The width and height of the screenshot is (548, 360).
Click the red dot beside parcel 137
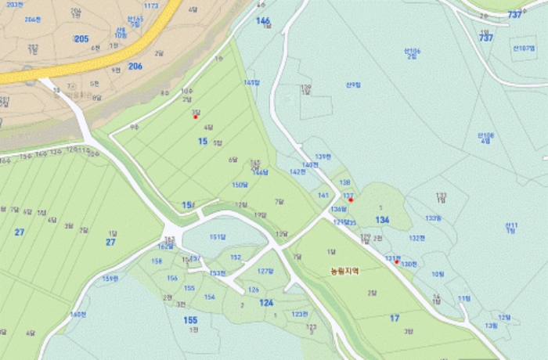(x=351, y=200)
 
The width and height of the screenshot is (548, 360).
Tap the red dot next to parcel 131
(x=397, y=261)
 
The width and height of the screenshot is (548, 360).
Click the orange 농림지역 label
(x=344, y=272)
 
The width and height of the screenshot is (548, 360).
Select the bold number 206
(x=135, y=67)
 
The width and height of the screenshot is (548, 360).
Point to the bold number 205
(x=81, y=38)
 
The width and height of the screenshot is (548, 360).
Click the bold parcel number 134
(x=382, y=220)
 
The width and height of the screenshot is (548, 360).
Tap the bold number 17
(x=395, y=318)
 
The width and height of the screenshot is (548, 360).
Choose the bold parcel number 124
(x=267, y=302)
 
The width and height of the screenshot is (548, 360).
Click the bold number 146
(x=263, y=20)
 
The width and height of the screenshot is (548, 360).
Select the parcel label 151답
(x=218, y=236)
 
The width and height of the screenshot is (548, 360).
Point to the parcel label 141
(x=323, y=196)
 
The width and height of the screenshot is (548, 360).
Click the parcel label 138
(x=344, y=182)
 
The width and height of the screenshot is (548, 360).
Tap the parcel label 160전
(x=77, y=315)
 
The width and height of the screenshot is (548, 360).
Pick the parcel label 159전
(x=110, y=278)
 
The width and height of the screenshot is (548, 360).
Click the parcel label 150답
(x=240, y=185)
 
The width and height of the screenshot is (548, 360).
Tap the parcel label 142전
(x=297, y=171)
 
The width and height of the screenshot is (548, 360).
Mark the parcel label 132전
(x=416, y=238)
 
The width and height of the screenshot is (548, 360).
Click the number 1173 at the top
(x=151, y=5)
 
